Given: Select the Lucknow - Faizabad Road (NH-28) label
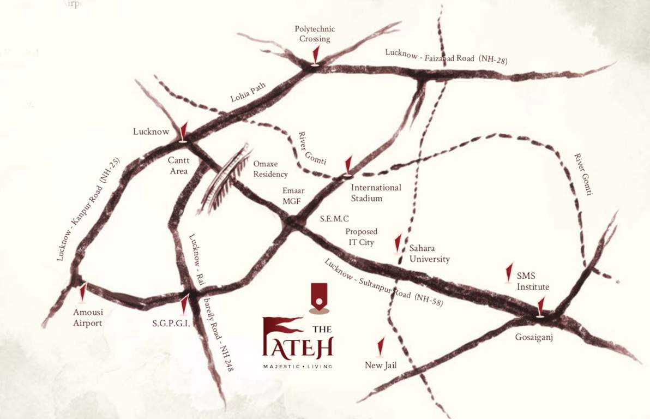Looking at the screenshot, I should click(446, 56).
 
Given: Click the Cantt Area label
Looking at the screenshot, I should click(178, 166).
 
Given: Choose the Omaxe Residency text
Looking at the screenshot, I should click(270, 169).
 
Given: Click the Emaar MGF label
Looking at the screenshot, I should click(293, 196).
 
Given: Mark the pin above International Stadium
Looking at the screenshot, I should click(348, 166).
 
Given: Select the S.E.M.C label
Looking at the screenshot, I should click(334, 219).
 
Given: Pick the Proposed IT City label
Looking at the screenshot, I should click(361, 237).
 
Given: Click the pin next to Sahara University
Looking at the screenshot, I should click(398, 244).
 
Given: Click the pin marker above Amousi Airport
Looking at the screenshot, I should click(83, 292).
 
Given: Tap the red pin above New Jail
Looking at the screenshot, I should click(381, 347).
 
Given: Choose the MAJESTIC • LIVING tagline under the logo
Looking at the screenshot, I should click(297, 366).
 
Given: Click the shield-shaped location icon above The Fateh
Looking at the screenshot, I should click(319, 297).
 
